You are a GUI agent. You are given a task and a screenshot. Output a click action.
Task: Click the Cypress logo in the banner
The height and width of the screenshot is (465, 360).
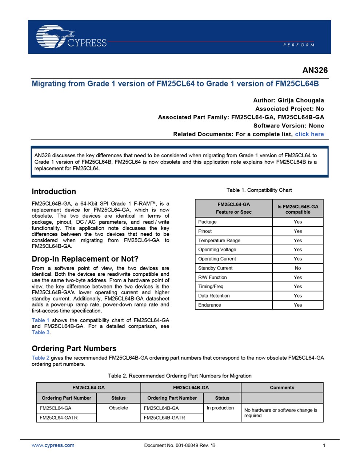pos(71,37)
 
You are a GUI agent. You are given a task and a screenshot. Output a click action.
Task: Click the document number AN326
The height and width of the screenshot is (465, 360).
pos(315,70)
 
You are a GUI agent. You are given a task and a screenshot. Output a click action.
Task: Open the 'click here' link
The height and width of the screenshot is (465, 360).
pos(309,134)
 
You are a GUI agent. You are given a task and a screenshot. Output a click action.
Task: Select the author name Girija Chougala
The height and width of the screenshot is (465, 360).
pos(301,100)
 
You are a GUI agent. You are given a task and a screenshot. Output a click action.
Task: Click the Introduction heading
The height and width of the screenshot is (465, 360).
pos(54,191)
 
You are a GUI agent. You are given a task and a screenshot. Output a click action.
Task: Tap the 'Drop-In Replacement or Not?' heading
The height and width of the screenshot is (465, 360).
pos(85,259)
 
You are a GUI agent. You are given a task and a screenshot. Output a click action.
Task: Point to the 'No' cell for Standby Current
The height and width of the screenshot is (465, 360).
pos(297,268)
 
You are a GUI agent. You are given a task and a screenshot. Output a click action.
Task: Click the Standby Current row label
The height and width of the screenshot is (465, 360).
pos(215,268)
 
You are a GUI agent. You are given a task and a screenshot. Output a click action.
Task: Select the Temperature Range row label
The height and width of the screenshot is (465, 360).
pos(219,240)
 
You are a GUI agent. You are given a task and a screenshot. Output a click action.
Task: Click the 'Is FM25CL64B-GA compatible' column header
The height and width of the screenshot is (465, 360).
pos(297,209)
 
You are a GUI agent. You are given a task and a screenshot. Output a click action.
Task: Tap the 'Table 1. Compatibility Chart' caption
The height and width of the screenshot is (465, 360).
pos(259,190)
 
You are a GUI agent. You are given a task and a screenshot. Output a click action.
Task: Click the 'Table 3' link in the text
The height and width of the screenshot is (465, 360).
pos(40,332)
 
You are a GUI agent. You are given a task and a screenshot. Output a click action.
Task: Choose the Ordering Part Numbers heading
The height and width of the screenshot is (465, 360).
pos(74,348)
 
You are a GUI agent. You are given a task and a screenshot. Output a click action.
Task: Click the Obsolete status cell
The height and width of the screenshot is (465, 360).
pos(118,408)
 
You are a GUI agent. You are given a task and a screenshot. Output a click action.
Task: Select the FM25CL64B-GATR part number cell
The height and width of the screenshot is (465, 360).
pos(164,418)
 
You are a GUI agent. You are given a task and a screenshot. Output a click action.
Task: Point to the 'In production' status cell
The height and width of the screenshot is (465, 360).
pos(220,408)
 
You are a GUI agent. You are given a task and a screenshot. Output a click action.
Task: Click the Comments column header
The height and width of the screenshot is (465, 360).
pos(282,388)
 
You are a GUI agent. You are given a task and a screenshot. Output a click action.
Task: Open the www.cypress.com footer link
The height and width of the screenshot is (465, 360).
pos(53,445)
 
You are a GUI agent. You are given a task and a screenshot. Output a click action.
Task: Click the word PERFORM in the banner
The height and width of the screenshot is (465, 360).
pos(299,45)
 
